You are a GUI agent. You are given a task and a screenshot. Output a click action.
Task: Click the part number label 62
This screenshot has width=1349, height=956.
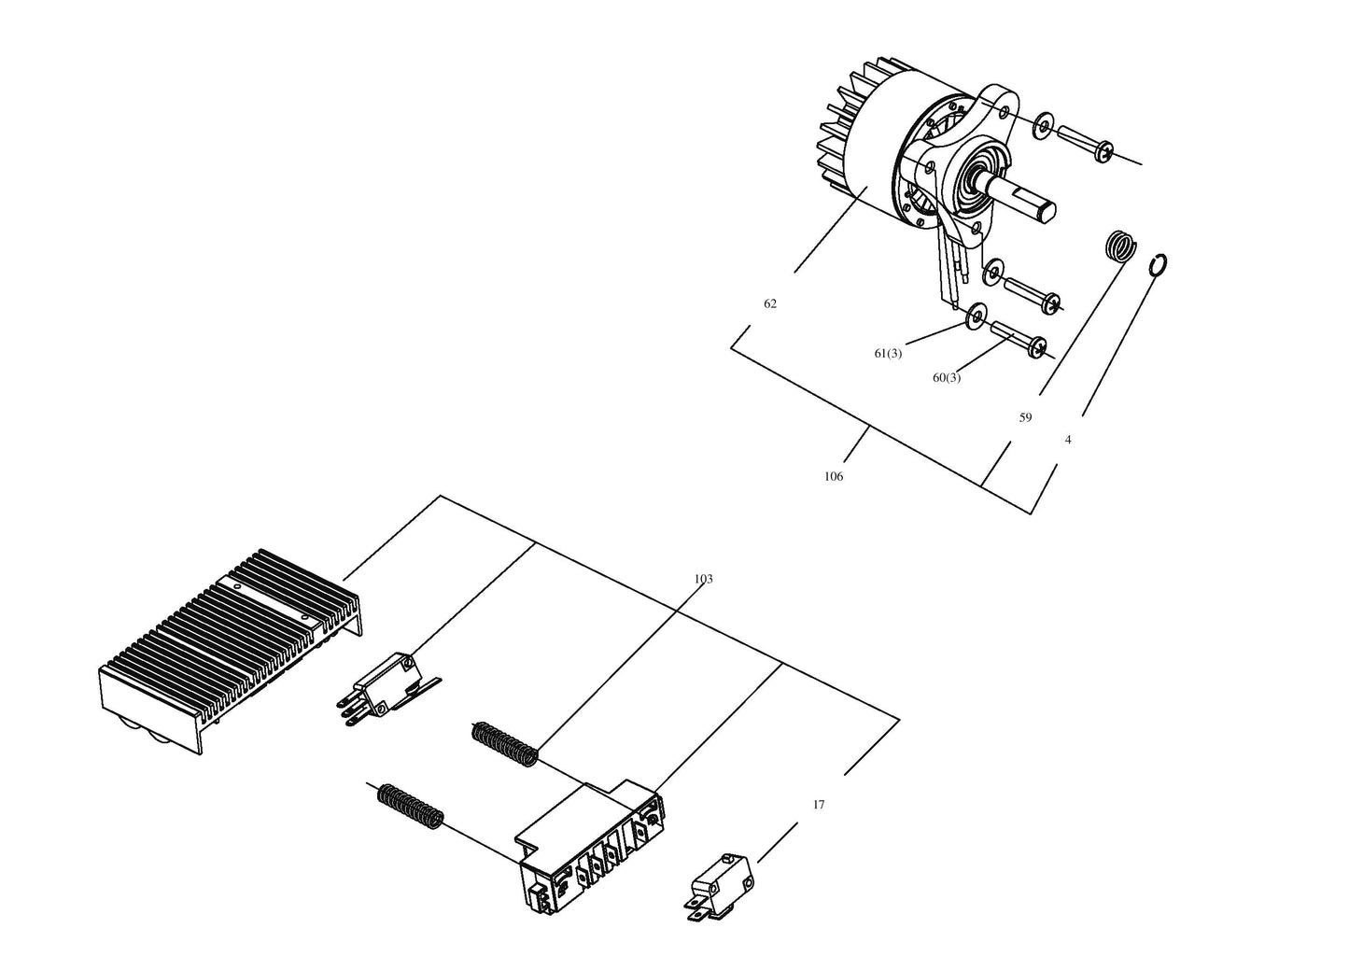769,303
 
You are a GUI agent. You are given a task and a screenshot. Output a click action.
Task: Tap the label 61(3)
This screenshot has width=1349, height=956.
888,354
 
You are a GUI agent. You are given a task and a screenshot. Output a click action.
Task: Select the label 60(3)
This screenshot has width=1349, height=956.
946,378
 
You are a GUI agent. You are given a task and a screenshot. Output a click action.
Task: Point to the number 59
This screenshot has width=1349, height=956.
1025,417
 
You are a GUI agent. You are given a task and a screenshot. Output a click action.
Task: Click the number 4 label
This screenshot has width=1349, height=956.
1068,440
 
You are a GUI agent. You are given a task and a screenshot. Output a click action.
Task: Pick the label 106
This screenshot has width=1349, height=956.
834,476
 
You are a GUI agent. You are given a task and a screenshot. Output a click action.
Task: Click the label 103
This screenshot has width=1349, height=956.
703,579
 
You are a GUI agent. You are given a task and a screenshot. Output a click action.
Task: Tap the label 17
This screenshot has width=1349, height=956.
819,804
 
